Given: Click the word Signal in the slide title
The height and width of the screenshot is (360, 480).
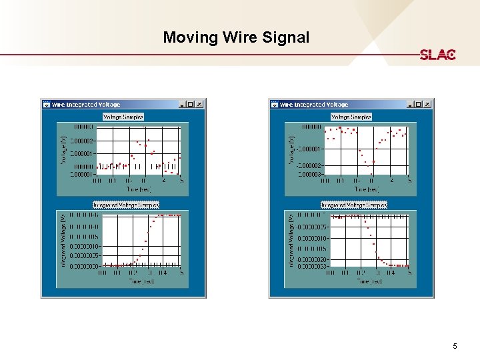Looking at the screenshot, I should tap(287, 37).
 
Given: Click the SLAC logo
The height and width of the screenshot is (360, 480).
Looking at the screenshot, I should tap(437, 55).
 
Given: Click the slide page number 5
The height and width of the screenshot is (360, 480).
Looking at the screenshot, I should tap(455, 346).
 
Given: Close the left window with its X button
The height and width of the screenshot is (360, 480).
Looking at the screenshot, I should tap(199, 104).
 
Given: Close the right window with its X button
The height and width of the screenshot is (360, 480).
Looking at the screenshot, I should tap(427, 104).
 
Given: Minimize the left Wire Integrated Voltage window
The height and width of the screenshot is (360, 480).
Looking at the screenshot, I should tap(182, 104).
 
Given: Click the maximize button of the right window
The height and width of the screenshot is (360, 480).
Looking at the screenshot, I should tap(419, 104).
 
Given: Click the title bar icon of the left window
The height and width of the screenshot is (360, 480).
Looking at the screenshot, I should tap(47, 104).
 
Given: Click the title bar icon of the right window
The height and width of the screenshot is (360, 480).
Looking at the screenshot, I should tap(275, 104).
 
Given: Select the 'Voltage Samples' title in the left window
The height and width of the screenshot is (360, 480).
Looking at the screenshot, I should tap(123, 117).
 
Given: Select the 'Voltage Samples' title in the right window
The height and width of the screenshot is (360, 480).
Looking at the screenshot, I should tap(351, 117).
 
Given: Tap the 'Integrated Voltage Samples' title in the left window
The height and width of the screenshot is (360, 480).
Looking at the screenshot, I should tap(125, 205).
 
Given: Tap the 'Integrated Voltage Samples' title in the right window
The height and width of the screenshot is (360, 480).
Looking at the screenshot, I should tap(353, 205).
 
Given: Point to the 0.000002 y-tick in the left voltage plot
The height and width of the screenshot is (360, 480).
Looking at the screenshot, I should tap(83, 141).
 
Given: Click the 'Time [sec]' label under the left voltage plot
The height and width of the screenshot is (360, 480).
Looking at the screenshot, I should tap(139, 189).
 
